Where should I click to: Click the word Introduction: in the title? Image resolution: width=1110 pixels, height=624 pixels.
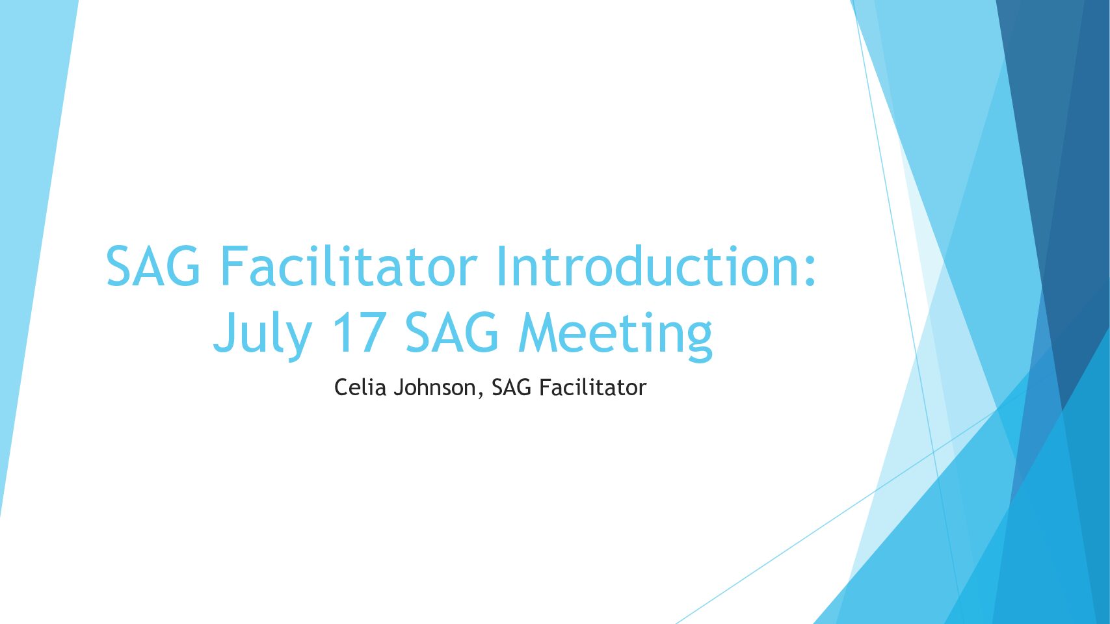pos(655,266)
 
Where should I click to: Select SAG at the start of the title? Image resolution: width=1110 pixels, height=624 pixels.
pos(153,266)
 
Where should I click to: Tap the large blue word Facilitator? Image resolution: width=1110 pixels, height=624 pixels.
pos(349,266)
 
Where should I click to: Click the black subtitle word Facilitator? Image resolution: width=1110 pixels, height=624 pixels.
pos(592,387)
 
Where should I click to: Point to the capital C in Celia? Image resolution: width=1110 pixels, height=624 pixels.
pos(341,387)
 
